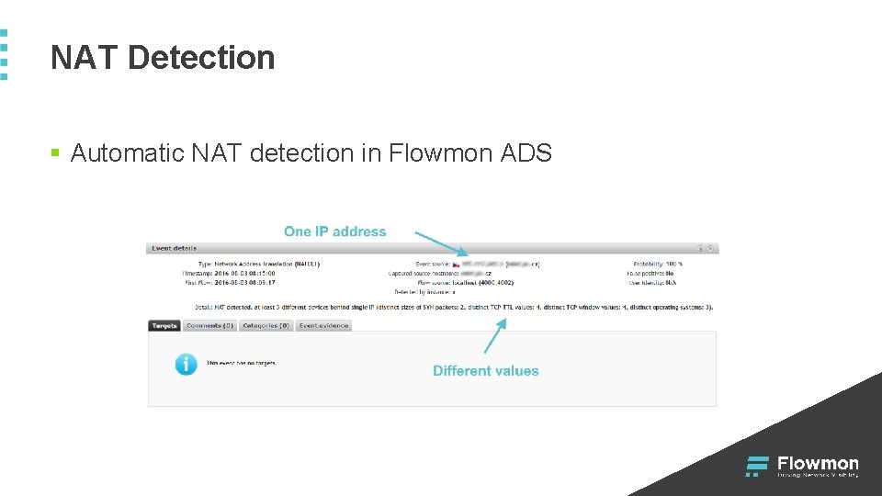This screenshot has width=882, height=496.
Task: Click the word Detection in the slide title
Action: click(201, 58)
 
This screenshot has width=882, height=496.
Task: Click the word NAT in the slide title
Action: click(85, 58)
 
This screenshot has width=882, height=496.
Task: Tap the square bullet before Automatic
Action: click(55, 152)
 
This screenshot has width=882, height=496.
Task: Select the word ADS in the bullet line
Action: click(526, 152)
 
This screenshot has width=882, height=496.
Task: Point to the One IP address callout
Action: click(335, 231)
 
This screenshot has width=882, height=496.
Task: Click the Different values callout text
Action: click(486, 371)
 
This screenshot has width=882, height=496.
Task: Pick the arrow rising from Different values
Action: click(494, 336)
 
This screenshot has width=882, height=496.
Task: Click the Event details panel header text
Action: click(174, 248)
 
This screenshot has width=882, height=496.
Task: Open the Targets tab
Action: click(164, 325)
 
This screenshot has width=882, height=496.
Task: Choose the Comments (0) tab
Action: click(210, 325)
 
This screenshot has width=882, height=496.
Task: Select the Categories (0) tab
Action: click(266, 325)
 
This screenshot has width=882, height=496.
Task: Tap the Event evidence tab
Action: click(323, 325)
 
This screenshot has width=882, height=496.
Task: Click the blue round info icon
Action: click(186, 364)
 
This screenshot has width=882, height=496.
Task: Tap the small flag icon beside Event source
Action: click(456, 264)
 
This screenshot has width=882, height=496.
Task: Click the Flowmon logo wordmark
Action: click(818, 464)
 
